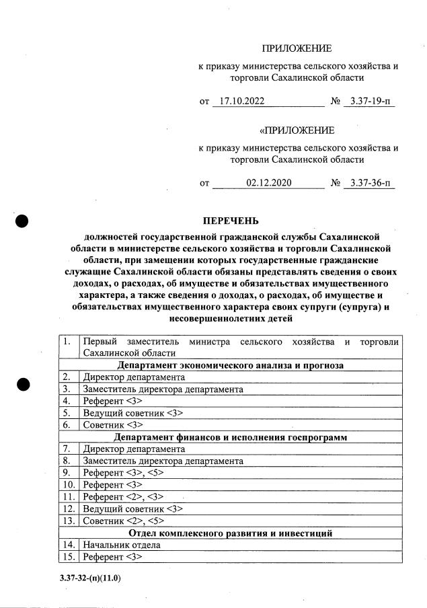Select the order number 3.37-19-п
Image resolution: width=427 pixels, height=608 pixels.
pyautogui.click(x=368, y=102)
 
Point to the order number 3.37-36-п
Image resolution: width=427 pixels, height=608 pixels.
pyautogui.click(x=368, y=183)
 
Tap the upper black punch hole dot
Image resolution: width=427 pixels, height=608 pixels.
pyautogui.click(x=22, y=221)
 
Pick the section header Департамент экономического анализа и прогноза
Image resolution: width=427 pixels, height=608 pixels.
pyautogui.click(x=231, y=365)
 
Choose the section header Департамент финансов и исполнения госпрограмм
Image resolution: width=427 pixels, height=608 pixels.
pyautogui.click(x=231, y=437)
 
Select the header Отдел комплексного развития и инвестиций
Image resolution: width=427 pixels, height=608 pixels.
pyautogui.click(x=231, y=533)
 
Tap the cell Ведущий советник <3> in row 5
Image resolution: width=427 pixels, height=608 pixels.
pyautogui.click(x=132, y=413)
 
